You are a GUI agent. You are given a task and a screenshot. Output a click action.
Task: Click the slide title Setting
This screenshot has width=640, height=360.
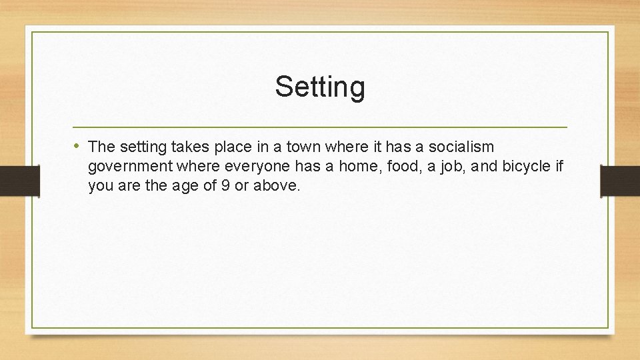[x=320, y=87]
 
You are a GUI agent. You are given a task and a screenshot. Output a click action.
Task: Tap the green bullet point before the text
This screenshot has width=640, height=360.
[x=78, y=146]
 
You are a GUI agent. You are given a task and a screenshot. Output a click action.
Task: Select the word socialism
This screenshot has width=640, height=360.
[x=465, y=147]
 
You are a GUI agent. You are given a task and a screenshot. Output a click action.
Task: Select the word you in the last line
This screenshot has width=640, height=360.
[x=101, y=186]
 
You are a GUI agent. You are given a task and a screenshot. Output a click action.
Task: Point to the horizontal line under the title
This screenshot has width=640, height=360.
[x=320, y=127]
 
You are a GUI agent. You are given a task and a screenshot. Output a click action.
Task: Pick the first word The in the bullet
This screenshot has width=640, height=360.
[x=101, y=147]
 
